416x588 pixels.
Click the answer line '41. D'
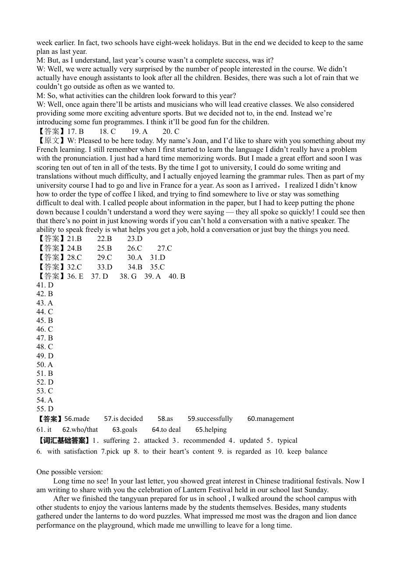[45, 285]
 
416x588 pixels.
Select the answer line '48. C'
[45, 347]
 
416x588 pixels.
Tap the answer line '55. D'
[45, 409]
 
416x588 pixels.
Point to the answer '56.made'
[77, 419]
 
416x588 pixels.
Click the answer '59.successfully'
[210, 419]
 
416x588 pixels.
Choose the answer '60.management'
[271, 419]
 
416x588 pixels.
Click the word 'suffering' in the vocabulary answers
[116, 441]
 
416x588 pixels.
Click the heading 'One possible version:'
[70, 472]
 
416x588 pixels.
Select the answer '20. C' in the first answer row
[171, 132]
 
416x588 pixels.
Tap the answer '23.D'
[135, 239]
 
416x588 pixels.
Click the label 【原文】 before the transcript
[51, 141]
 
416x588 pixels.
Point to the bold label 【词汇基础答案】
[63, 441]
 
